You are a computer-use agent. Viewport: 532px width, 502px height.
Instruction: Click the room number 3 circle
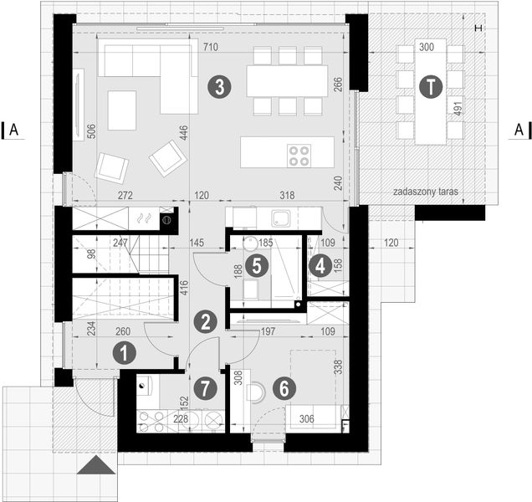coord(218,87)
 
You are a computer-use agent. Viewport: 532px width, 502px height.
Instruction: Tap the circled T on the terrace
coord(430,86)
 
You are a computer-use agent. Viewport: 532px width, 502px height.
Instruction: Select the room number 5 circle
coord(258,266)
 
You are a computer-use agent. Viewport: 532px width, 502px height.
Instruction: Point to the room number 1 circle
coord(124,353)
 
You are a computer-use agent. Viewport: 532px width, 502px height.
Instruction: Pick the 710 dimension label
coord(208,49)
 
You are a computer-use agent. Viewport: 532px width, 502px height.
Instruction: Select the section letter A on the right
coord(519,129)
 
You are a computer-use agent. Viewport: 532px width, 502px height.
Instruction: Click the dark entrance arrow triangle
coord(97,465)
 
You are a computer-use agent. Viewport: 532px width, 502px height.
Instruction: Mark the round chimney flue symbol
coord(166,221)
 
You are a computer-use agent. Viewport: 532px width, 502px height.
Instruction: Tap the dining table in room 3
coord(287,80)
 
